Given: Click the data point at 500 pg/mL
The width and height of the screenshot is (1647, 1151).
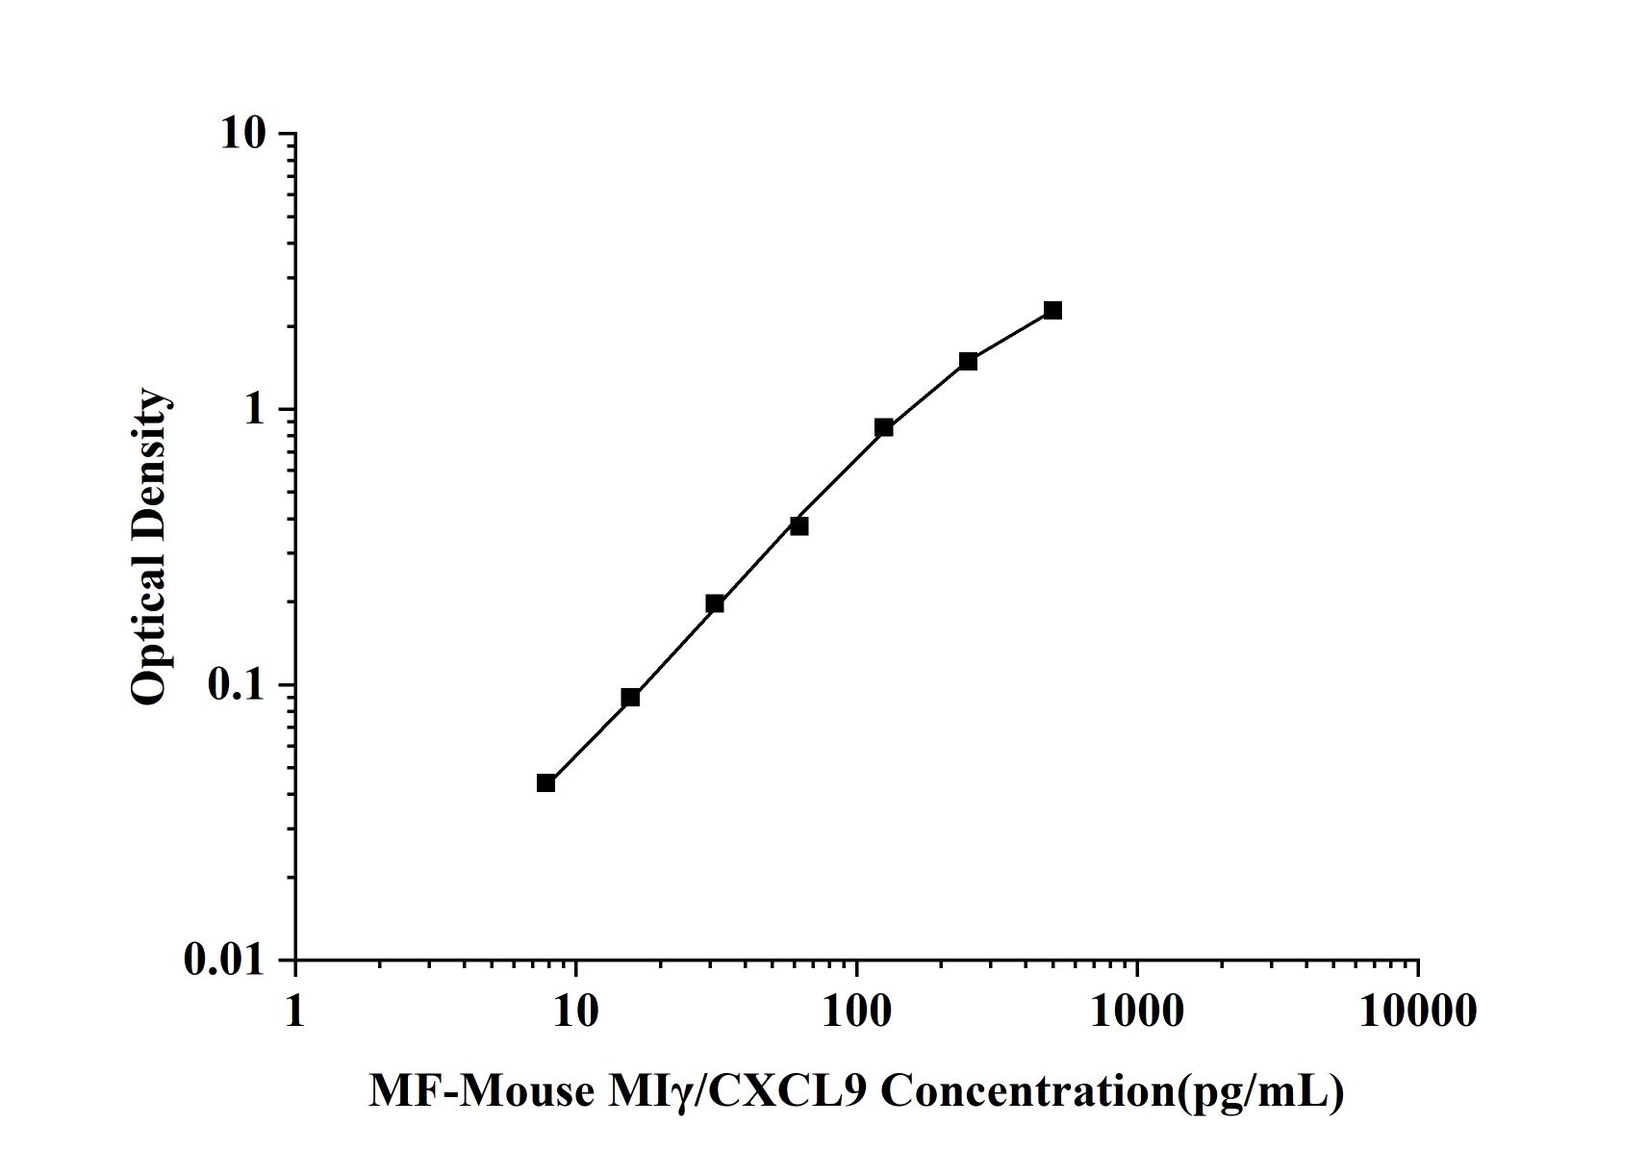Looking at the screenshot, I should click(x=1052, y=310).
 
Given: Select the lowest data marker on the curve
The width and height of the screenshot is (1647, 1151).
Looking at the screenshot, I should click(x=545, y=782).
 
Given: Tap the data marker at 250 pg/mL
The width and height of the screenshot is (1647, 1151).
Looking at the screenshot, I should click(x=968, y=361).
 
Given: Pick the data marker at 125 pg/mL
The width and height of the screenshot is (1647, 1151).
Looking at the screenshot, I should click(x=883, y=427).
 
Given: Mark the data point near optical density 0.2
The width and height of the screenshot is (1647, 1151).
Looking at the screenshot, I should click(x=715, y=603).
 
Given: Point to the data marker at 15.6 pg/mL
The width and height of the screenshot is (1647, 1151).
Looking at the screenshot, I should click(x=630, y=697).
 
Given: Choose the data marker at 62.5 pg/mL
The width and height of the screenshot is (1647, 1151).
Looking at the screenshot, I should click(x=799, y=525).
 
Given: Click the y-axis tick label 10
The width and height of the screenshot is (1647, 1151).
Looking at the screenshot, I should click(x=242, y=134).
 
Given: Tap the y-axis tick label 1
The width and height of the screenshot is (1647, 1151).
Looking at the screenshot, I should click(x=254, y=409).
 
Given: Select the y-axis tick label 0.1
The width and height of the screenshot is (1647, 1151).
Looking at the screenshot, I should click(x=235, y=684).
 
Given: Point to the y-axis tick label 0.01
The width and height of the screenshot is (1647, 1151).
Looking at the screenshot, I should click(x=224, y=959).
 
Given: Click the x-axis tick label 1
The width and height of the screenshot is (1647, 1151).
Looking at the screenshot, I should click(x=294, y=1010).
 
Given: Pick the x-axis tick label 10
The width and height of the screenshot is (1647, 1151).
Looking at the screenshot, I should click(x=575, y=1010).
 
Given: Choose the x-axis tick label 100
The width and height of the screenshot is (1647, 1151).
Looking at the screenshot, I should click(x=856, y=1010).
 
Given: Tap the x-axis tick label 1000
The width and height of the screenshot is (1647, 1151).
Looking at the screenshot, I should click(x=1137, y=1010).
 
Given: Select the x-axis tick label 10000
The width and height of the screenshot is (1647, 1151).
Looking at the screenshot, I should click(x=1417, y=1010).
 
